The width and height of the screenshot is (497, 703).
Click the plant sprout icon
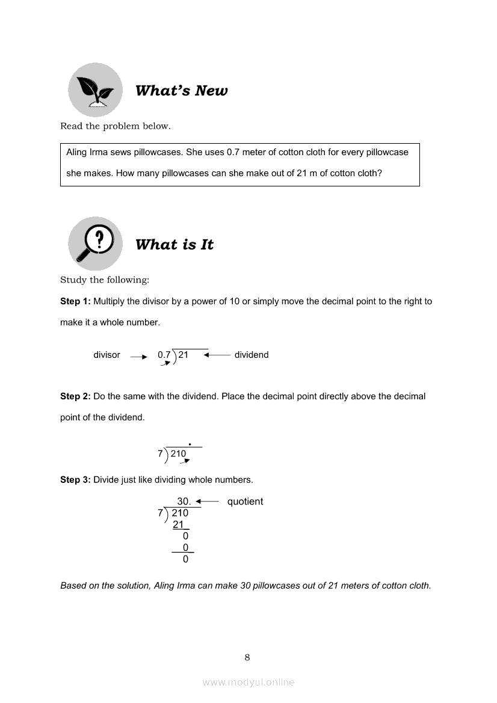[95, 90]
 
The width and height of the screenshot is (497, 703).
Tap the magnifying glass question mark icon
[95, 244]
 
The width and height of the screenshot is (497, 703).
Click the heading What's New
[181, 91]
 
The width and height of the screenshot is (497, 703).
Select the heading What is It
[174, 245]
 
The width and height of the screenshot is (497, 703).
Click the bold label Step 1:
[75, 301]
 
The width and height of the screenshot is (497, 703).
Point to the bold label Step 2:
[75, 396]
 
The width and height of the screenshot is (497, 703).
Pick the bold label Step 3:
[75, 480]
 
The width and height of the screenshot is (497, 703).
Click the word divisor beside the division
[106, 355]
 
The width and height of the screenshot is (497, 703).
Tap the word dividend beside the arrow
[252, 355]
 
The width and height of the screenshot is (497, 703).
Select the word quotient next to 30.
[245, 502]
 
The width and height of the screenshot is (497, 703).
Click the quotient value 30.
[184, 502]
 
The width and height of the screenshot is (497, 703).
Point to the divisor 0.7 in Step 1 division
[164, 355]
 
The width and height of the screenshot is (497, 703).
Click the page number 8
[247, 657]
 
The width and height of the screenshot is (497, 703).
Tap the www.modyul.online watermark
[248, 683]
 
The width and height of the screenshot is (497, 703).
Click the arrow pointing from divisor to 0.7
[138, 357]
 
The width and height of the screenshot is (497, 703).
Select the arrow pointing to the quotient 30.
[207, 501]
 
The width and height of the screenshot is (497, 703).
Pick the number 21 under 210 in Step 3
[178, 524]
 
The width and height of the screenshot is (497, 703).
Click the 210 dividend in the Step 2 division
[178, 454]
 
